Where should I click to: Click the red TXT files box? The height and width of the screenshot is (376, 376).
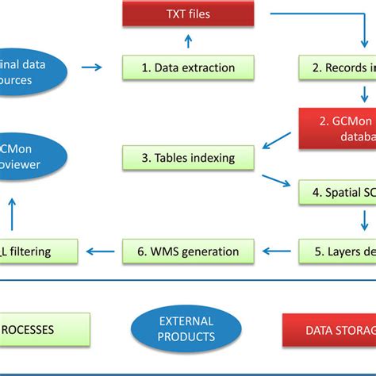click(x=188, y=13)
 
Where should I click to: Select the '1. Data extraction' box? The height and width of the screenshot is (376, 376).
click(x=188, y=67)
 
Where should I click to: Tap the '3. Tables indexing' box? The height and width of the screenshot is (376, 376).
click(x=188, y=157)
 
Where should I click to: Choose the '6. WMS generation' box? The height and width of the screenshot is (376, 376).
click(x=188, y=251)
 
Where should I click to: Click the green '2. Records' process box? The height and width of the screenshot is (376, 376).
click(x=337, y=67)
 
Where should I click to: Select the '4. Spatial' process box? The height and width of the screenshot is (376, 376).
click(x=337, y=191)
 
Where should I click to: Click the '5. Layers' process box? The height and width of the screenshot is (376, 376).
click(x=337, y=251)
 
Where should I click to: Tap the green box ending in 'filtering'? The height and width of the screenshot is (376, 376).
click(x=38, y=251)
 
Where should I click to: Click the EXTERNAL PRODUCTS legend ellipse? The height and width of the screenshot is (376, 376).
click(x=186, y=329)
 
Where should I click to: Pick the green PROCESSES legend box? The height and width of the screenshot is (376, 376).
click(x=44, y=329)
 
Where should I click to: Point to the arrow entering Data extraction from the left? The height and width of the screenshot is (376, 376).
click(x=93, y=67)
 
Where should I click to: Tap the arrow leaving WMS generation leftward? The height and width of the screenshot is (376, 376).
click(x=99, y=251)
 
